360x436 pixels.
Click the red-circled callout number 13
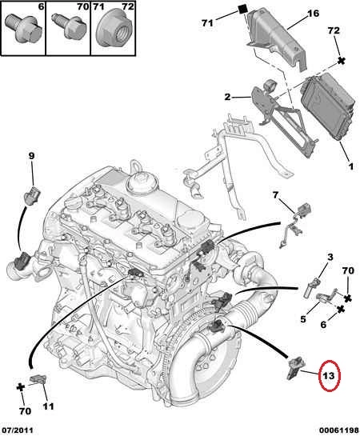coord(328,376)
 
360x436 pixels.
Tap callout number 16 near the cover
coord(313,13)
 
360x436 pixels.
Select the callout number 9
coord(31,156)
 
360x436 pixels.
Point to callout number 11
coord(48,406)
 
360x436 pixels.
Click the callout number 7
coord(275,195)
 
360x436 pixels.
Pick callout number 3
coord(330,257)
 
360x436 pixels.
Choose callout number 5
coord(303,319)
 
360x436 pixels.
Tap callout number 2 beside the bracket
coord(228,97)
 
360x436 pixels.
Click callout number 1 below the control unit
coord(351,166)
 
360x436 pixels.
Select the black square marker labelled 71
coord(243,9)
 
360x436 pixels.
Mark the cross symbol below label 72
coord(342,61)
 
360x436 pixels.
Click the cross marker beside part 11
coord(21,386)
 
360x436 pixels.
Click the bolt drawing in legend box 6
coord(23,29)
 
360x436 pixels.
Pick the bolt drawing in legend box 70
coord(66,26)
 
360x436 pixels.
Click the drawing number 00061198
coord(338,430)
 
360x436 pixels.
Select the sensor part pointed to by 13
coord(295,368)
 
